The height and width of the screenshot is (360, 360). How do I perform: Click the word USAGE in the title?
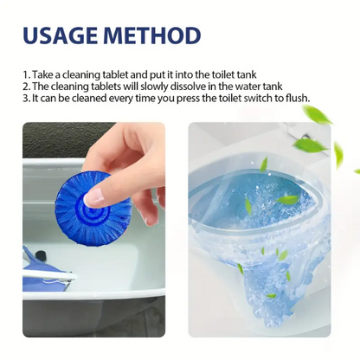click(x=67, y=35)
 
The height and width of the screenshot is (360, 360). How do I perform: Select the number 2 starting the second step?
click(x=24, y=87)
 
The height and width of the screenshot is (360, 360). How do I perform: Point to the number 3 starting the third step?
click(x=24, y=98)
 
